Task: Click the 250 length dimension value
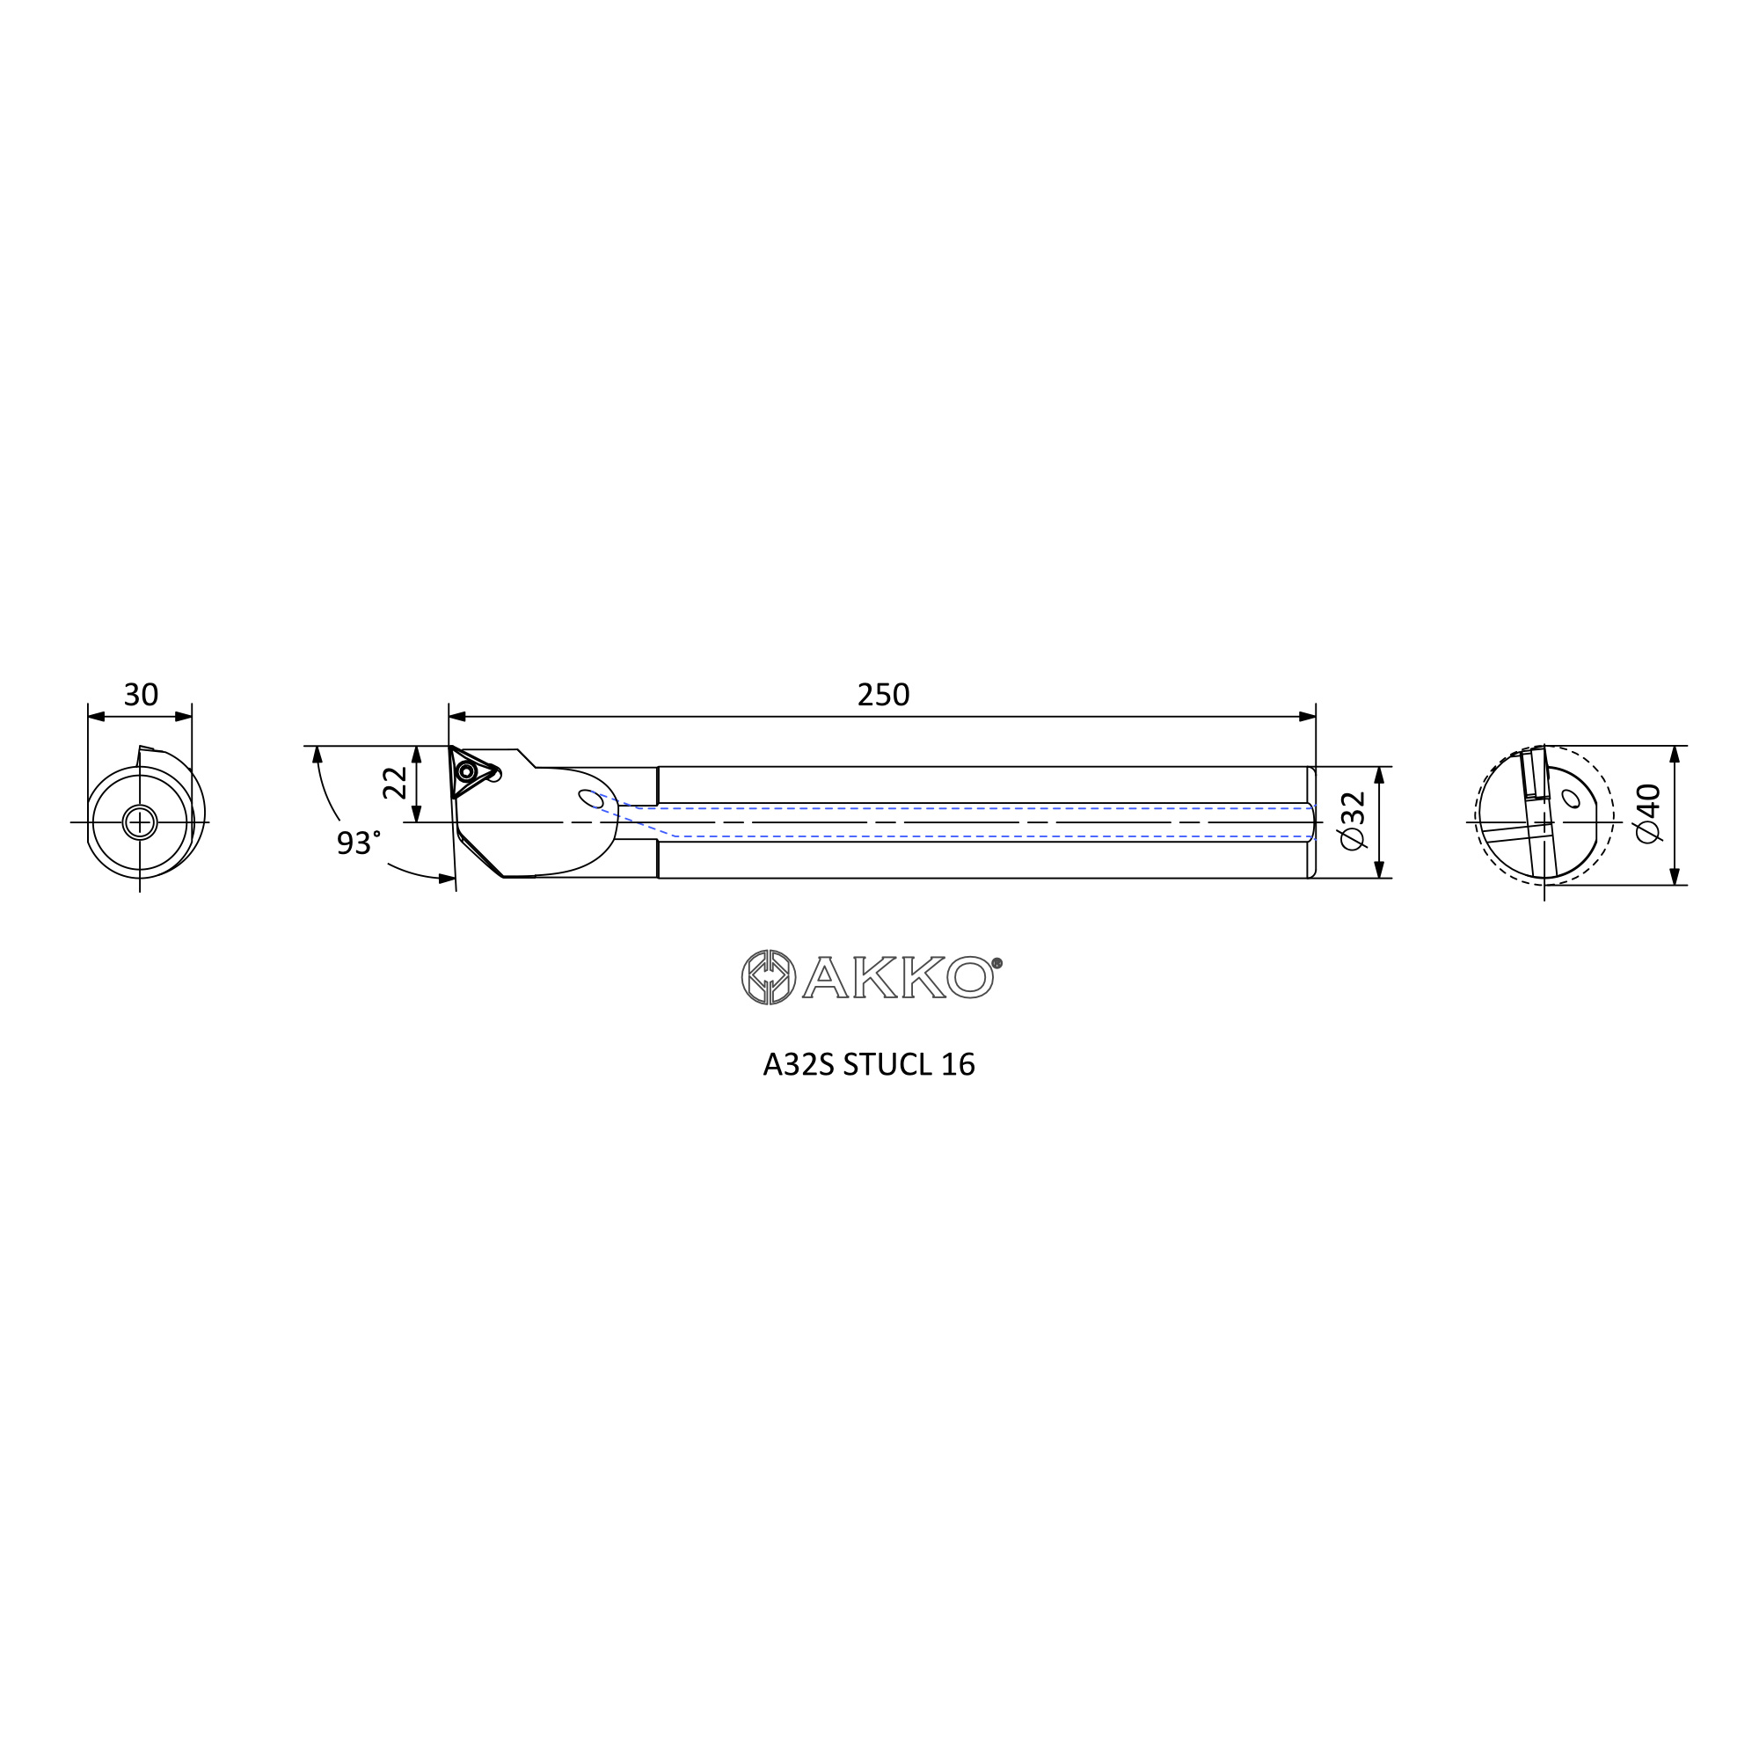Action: click(x=883, y=695)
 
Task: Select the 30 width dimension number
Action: click(x=141, y=695)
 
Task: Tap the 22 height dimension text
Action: click(x=395, y=782)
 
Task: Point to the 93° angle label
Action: click(x=359, y=843)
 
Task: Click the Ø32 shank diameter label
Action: click(x=1353, y=821)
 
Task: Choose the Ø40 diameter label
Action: click(x=1648, y=814)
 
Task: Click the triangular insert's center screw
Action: click(x=467, y=772)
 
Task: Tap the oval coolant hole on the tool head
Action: click(x=591, y=799)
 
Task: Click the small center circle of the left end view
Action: click(x=139, y=822)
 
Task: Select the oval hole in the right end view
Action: click(x=1571, y=799)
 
